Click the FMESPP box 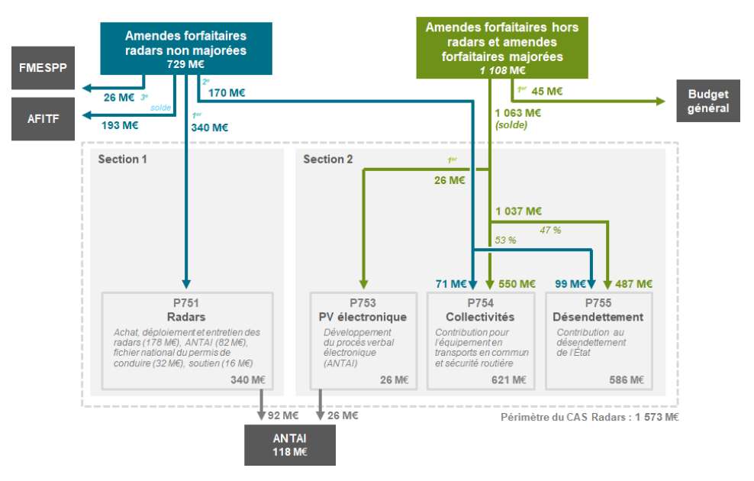pos(43,66)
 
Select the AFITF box pos(43,118)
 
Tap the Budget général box pos(708,102)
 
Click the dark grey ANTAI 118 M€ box pos(289,445)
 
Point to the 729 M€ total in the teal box pos(185,64)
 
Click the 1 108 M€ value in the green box pos(502,70)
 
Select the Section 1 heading pos(123,159)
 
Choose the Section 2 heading pos(328,159)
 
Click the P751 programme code pos(186,303)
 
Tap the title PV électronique pos(362,317)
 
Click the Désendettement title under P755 pos(598,317)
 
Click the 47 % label pos(550,229)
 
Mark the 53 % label pos(505,240)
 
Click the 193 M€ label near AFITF pos(121,125)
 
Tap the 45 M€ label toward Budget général pos(546,92)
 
